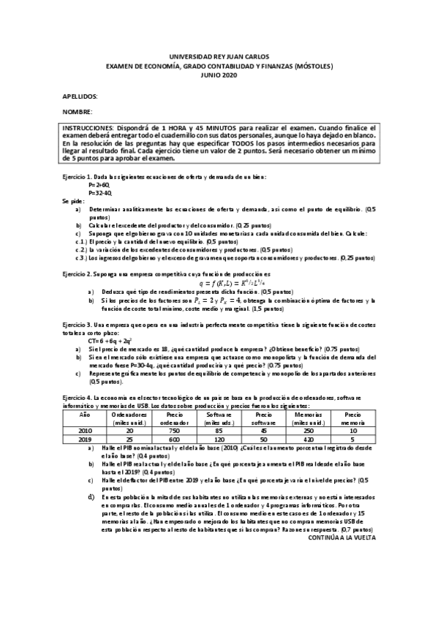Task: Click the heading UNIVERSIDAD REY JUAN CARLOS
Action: [x=219, y=56]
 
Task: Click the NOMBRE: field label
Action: [x=76, y=112]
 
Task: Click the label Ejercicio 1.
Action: [x=77, y=178]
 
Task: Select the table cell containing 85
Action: [x=219, y=431]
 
